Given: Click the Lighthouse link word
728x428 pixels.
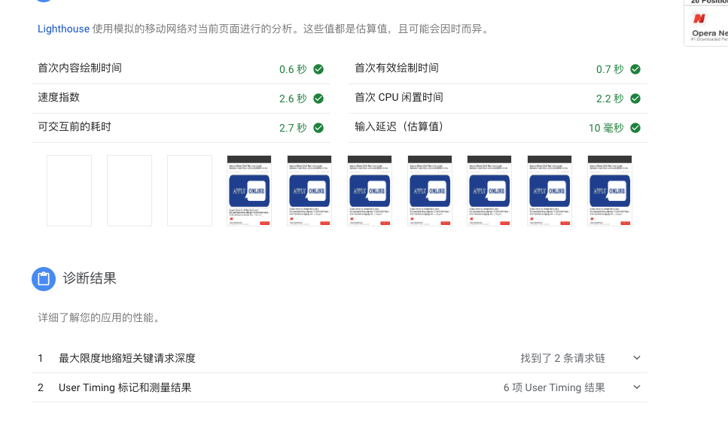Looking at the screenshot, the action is pyautogui.click(x=63, y=29).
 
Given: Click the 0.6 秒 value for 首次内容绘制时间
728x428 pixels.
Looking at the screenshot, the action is pyautogui.click(x=293, y=69).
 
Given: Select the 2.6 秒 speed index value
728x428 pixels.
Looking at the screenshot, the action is pyautogui.click(x=293, y=99).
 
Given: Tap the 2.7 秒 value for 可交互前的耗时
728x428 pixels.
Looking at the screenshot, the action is pyautogui.click(x=293, y=128).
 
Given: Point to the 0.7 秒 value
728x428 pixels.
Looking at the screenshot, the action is pyautogui.click(x=610, y=69).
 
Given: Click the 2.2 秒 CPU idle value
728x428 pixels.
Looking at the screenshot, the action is pyautogui.click(x=610, y=99).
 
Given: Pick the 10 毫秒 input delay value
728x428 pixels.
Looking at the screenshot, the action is pyautogui.click(x=606, y=128).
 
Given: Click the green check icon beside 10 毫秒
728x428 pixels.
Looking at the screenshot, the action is pyautogui.click(x=635, y=128).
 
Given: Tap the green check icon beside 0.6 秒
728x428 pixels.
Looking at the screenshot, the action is pyautogui.click(x=318, y=69).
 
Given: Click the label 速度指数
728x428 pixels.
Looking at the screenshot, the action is pyautogui.click(x=59, y=97).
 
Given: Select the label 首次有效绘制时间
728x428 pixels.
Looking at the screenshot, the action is pyautogui.click(x=397, y=68).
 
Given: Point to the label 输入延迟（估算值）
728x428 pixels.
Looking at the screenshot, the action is pyautogui.click(x=404, y=126).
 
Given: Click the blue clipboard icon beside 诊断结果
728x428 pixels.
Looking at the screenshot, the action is pyautogui.click(x=44, y=279).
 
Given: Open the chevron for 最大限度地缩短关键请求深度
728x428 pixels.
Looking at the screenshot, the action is pyautogui.click(x=637, y=358).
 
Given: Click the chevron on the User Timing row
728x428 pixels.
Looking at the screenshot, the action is pyautogui.click(x=637, y=387).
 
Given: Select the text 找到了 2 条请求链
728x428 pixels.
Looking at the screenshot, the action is pyautogui.click(x=562, y=358).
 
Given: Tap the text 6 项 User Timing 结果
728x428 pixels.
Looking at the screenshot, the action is pyautogui.click(x=554, y=387).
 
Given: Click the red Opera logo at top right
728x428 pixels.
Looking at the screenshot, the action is pyautogui.click(x=700, y=19).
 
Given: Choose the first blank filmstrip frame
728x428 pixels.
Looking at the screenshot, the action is pyautogui.click(x=69, y=190).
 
